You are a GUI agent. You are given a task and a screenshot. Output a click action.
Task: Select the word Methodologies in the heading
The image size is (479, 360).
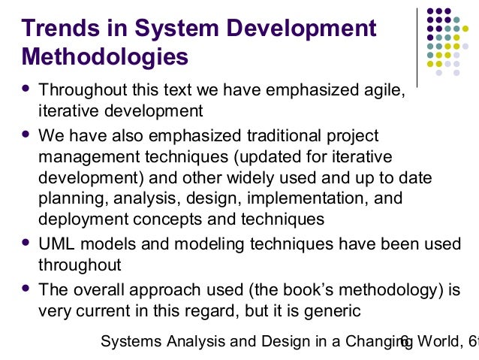tap(105, 56)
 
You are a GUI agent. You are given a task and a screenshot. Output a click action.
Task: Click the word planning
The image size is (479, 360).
tap(68, 198)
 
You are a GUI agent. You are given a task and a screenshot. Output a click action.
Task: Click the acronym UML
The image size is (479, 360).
tap(56, 245)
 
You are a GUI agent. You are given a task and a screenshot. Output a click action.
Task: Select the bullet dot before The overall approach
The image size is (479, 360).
tap(27, 289)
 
